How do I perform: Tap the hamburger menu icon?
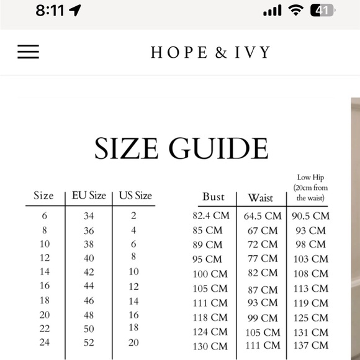click(28, 52)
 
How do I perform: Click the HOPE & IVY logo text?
click(210, 52)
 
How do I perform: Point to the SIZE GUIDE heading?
click(181, 148)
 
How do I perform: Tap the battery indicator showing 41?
click(322, 11)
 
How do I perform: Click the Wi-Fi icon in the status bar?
click(296, 11)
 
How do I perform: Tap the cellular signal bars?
click(272, 11)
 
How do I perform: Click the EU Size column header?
click(89, 196)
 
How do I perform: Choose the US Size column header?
click(135, 196)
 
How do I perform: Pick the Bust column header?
click(214, 197)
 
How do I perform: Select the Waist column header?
click(261, 197)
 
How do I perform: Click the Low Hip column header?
click(312, 187)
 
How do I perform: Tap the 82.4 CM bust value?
click(211, 216)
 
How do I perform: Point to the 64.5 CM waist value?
click(262, 216)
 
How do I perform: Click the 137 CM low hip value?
click(311, 346)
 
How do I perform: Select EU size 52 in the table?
click(89, 343)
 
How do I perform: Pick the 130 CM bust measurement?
click(210, 346)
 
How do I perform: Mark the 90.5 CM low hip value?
click(310, 216)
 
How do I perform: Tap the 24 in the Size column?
click(45, 343)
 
